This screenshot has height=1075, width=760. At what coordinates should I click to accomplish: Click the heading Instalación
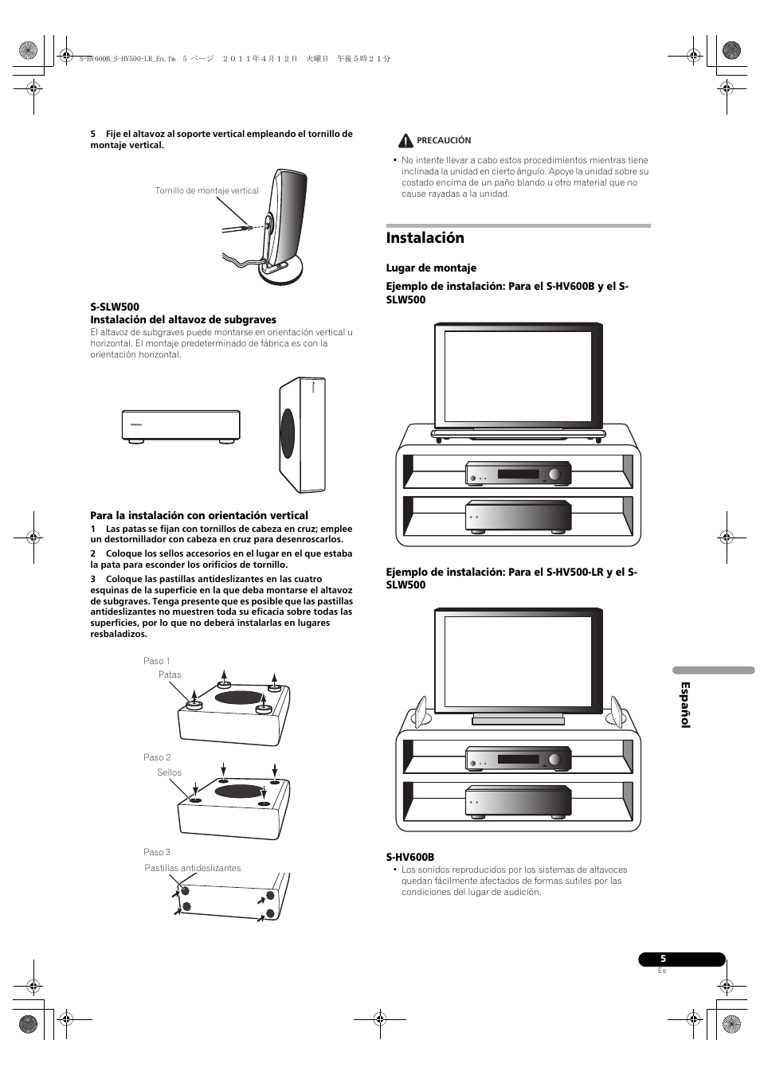(x=425, y=238)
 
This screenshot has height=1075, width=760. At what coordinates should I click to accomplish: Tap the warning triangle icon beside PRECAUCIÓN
(x=405, y=141)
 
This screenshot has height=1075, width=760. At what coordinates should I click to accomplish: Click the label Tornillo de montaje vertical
(x=206, y=191)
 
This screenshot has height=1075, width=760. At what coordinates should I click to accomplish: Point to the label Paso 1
(x=156, y=661)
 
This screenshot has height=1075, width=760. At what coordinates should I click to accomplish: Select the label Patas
(x=170, y=674)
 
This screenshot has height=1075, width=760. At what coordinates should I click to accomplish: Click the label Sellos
(x=169, y=772)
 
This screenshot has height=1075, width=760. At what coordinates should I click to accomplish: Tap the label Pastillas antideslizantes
(x=192, y=868)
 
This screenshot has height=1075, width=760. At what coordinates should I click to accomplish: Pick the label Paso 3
(x=157, y=852)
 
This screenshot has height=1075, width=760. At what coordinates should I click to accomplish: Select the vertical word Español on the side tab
(x=684, y=705)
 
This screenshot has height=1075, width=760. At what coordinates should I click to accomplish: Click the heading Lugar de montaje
(x=431, y=268)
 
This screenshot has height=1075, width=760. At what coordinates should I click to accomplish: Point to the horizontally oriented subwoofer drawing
(x=181, y=426)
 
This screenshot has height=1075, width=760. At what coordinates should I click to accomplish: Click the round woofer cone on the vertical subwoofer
(x=288, y=434)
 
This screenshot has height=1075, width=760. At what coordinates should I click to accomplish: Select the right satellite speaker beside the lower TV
(x=616, y=710)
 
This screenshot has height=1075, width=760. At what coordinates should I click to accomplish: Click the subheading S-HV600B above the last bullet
(x=410, y=857)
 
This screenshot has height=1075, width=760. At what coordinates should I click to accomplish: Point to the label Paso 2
(x=157, y=757)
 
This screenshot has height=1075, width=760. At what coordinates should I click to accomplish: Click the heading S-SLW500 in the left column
(x=115, y=307)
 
